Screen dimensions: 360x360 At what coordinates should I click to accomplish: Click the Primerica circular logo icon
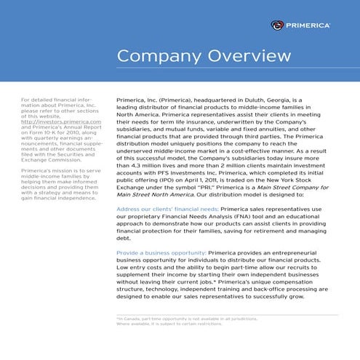pos(277,25)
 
